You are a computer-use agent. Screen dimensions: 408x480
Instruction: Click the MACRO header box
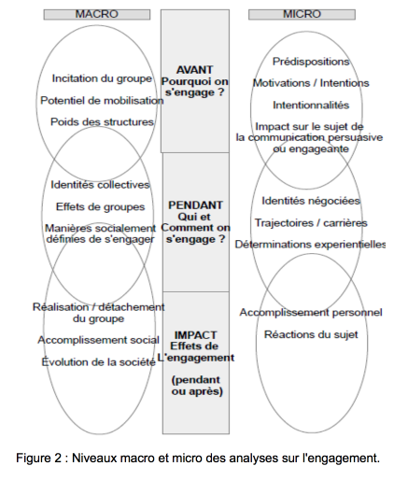pos(97,15)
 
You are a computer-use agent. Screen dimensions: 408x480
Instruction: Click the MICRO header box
pos(302,15)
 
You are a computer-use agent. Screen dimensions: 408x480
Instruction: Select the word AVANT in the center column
pos(195,70)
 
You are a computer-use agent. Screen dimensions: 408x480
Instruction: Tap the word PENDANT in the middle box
pos(195,205)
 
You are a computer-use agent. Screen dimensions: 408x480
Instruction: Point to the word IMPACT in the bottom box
pos(195,335)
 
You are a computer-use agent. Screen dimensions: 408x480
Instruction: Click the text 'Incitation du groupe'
pos(102,78)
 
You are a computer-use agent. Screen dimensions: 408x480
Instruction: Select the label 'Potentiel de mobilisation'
pos(102,101)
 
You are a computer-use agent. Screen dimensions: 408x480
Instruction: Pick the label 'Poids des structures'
pos(102,122)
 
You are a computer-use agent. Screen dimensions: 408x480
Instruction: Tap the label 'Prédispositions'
pos(311,62)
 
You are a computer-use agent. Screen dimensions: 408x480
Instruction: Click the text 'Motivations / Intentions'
pos(311,83)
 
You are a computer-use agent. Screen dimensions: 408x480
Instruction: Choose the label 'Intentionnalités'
pos(311,106)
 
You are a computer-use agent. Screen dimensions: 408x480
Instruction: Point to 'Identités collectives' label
pos(100,185)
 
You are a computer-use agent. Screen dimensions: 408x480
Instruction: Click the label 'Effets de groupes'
pos(100,207)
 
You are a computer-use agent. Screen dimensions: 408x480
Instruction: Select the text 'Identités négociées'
pos(311,201)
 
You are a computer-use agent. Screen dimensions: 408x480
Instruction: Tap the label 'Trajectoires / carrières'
pos(311,223)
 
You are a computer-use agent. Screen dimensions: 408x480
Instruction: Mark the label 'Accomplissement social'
pos(98,340)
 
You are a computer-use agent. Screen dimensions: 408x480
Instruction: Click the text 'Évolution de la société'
pos(98,362)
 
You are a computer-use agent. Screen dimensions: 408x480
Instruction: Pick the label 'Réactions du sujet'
pos(311,334)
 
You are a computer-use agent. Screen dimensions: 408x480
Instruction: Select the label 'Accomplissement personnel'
pos(311,313)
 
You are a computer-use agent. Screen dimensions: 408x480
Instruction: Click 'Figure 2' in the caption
pos(39,459)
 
